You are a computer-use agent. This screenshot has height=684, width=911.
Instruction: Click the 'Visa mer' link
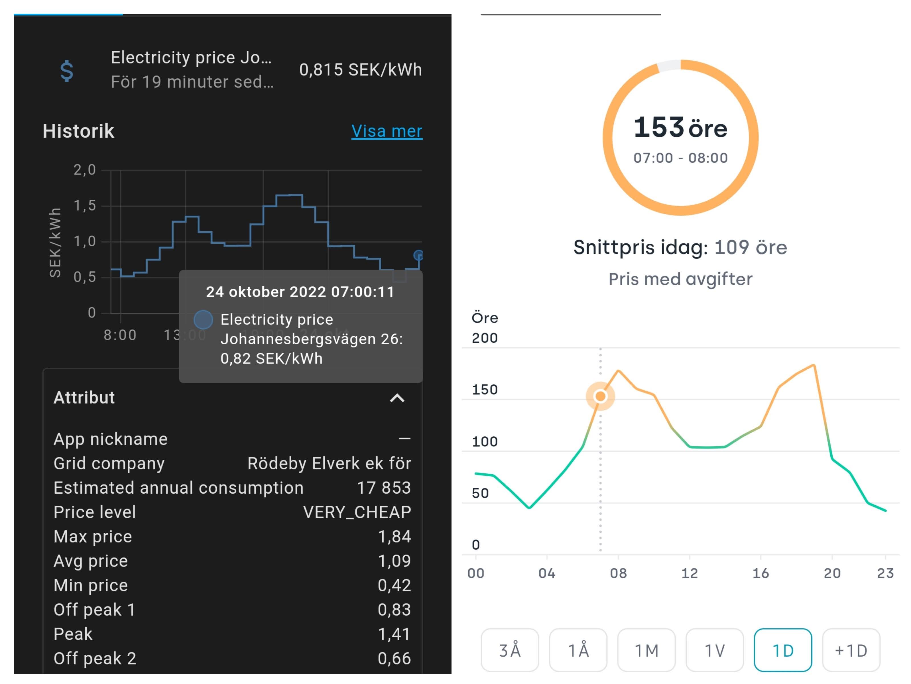386,131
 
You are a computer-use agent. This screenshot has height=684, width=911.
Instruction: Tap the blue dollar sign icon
67,71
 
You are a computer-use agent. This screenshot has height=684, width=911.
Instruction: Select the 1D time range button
782,651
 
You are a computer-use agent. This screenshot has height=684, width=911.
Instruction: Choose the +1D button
851,651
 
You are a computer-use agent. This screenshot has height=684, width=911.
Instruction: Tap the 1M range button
646,651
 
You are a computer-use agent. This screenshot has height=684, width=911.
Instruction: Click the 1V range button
715,651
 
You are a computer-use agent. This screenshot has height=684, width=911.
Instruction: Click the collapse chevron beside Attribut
397,398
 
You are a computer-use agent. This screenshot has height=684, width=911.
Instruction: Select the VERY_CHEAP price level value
357,512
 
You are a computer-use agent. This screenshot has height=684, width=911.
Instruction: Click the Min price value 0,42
394,585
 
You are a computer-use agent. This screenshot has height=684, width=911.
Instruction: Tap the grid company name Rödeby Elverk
329,464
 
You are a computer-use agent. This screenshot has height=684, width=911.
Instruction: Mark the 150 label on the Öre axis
485,390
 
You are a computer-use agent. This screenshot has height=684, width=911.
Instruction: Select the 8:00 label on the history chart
120,335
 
